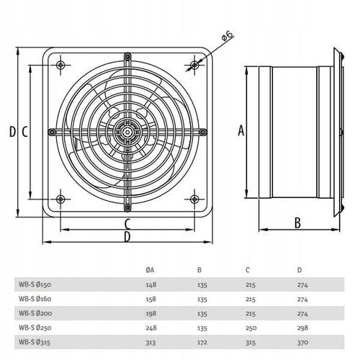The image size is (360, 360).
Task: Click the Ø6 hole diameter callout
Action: coord(228,36)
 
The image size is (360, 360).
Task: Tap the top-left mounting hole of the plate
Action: coord(60,65)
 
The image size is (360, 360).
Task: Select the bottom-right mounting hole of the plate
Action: coord(194,199)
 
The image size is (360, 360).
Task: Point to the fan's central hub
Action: coord(127,132)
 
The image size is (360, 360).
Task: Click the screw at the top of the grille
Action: coord(127,57)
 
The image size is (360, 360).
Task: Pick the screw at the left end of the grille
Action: coord(52,132)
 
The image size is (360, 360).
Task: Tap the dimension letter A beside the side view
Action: coord(241,131)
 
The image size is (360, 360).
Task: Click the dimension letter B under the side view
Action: coord(297,222)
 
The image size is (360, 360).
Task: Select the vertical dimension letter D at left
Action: coord(12,132)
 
